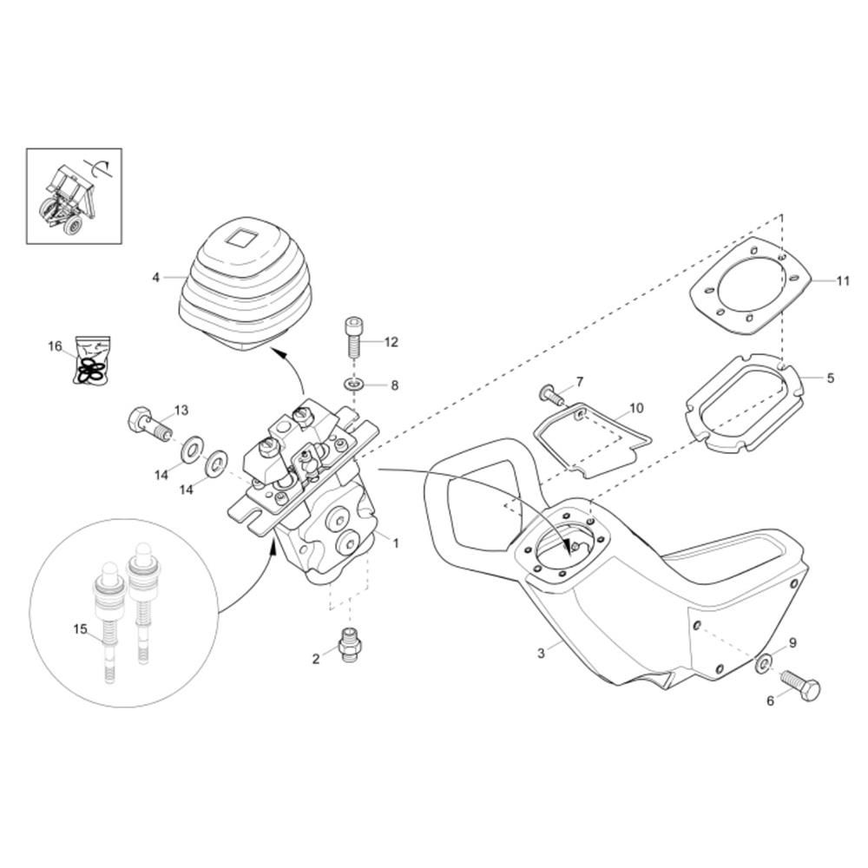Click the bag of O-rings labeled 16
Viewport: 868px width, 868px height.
(x=93, y=360)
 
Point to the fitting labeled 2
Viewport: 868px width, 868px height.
(x=350, y=644)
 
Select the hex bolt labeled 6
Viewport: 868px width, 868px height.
(x=800, y=686)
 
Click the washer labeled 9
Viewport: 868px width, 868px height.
(x=765, y=662)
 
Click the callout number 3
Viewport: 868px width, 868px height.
(x=541, y=653)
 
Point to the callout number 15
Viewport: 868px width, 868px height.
(x=80, y=628)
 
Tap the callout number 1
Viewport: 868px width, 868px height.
(x=395, y=543)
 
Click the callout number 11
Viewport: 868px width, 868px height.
(x=842, y=281)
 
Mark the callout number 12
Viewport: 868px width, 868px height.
(x=391, y=342)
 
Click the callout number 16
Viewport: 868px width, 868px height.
(x=55, y=346)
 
